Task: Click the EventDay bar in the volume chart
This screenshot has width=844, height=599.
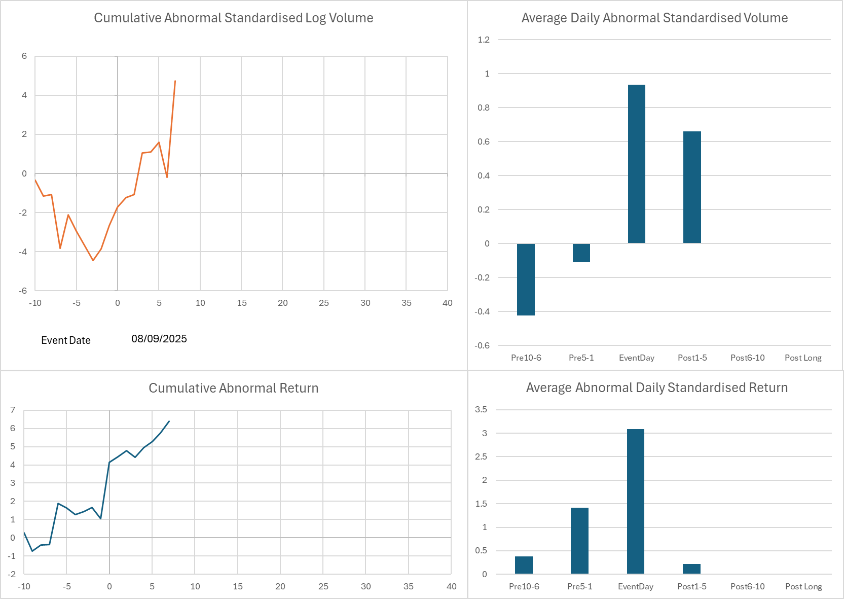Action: coord(636,164)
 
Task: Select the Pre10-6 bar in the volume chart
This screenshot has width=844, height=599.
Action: coord(526,279)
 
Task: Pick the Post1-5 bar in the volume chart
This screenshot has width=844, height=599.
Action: coord(692,187)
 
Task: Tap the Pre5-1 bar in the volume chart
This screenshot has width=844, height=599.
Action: coord(581,253)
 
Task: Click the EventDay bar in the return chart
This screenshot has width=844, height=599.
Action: coord(635,502)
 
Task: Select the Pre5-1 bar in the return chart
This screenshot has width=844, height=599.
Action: coord(579,541)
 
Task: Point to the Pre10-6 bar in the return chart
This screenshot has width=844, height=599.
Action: coord(524,565)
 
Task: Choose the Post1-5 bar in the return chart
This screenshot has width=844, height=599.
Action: coord(691,569)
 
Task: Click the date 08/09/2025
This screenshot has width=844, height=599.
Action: coord(159,339)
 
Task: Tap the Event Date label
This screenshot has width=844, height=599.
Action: coord(66,340)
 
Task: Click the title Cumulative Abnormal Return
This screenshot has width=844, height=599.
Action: coord(234,388)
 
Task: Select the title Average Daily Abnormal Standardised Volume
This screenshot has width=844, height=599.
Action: coord(654,18)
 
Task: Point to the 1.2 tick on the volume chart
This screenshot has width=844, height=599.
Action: coord(484,40)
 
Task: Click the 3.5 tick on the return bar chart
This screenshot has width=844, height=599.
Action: coord(481,409)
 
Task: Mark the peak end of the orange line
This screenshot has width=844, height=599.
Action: coord(175,81)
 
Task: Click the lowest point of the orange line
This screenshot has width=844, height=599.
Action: coord(93,261)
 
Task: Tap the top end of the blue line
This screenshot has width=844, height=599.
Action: coord(169,421)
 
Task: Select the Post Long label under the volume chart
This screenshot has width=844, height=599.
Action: coord(803,358)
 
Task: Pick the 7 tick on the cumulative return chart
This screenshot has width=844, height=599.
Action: coord(13,410)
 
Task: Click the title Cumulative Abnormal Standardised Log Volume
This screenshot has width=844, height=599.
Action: coord(234,18)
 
